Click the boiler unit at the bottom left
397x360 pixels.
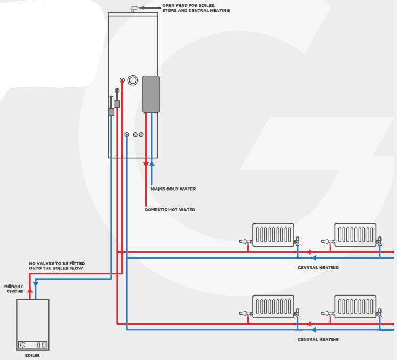coord(33,324)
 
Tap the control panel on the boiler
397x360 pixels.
coord(33,345)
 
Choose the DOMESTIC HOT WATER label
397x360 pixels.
coord(169,210)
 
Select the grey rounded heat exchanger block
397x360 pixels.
coord(151,94)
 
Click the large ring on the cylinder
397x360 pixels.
coord(133,81)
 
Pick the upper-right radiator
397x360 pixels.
coord(355,234)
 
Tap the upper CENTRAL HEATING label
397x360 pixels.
coord(318,267)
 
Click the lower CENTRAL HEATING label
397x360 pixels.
coord(318,339)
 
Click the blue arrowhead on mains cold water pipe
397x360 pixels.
coord(152,164)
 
